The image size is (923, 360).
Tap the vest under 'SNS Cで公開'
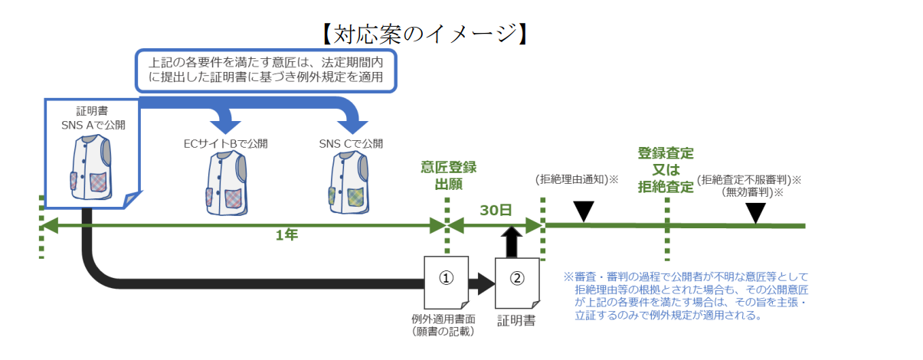click(x=351, y=185)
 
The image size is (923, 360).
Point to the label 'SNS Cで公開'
click(x=351, y=143)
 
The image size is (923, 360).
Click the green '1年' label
click(x=286, y=235)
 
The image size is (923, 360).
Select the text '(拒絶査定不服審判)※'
click(x=749, y=180)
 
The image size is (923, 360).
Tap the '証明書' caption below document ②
click(x=516, y=319)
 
